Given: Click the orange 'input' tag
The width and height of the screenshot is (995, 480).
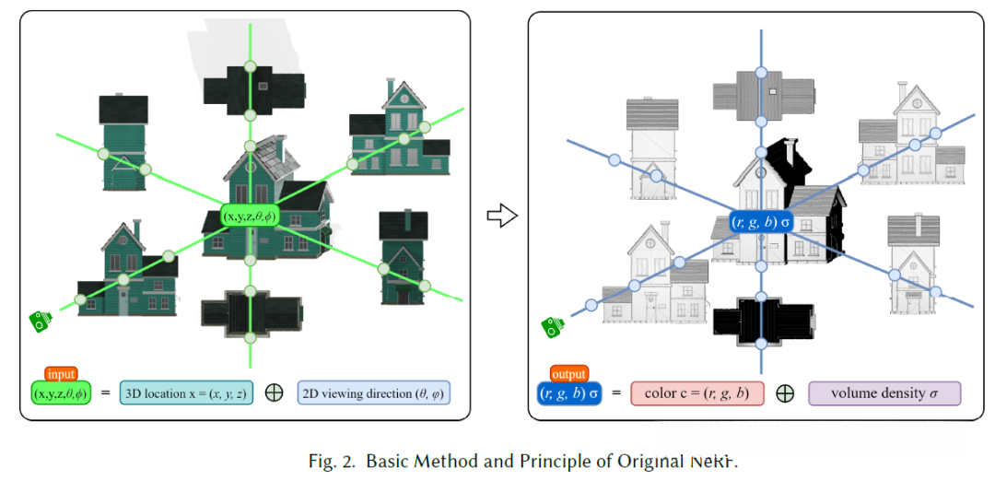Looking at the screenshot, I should click(62, 374).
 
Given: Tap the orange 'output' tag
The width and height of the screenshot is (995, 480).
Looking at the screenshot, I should click(568, 374).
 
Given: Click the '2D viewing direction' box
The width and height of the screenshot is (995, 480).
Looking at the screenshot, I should click(374, 393).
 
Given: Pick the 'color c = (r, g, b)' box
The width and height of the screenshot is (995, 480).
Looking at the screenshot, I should click(696, 393).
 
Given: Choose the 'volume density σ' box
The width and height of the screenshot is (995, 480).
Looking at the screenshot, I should click(884, 393).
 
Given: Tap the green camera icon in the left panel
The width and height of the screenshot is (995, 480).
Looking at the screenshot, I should click(39, 322).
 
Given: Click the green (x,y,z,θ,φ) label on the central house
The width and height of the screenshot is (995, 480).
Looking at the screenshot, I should click(249, 216).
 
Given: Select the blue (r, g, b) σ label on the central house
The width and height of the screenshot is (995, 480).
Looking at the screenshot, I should click(760, 221).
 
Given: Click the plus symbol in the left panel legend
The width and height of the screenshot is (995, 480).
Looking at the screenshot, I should click(274, 392).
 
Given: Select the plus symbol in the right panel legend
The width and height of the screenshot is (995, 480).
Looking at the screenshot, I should click(785, 393).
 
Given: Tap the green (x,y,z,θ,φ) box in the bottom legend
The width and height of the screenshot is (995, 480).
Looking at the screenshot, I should click(62, 393).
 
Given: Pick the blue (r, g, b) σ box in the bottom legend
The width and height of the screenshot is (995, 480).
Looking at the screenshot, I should click(568, 393).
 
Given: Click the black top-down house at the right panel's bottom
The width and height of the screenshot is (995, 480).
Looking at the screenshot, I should click(761, 318).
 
